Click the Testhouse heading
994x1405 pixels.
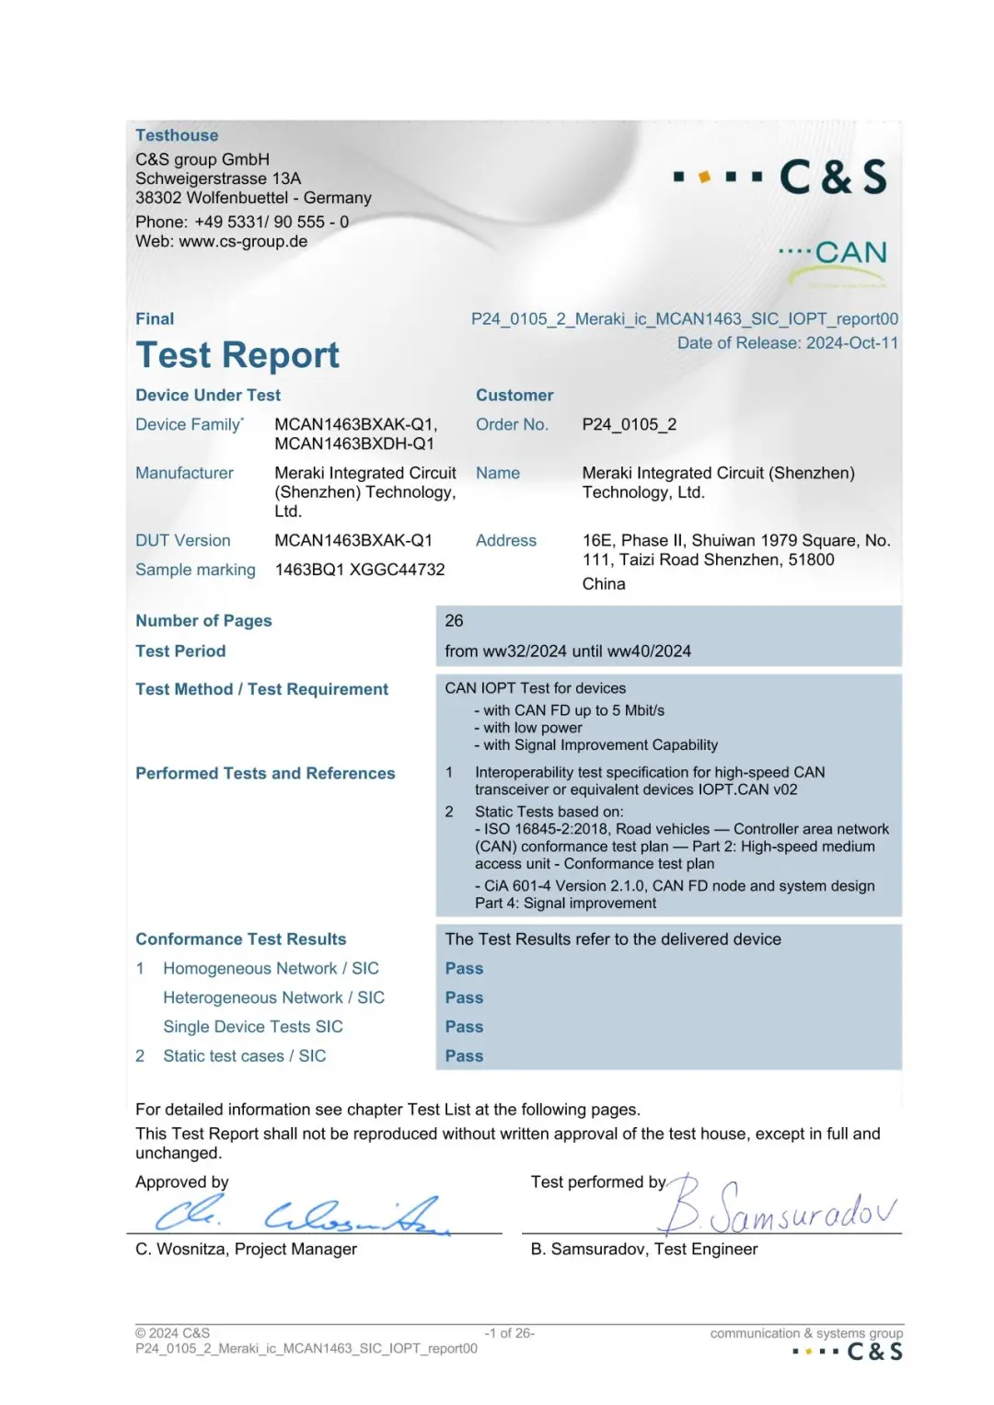coord(177,135)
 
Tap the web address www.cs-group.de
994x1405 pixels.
coord(243,241)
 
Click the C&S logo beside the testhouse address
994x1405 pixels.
coord(781,177)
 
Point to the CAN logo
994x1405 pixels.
coord(834,254)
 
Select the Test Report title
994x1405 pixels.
coord(237,355)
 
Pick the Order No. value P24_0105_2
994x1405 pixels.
coord(629,424)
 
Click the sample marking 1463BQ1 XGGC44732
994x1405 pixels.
coord(359,570)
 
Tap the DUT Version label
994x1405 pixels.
coord(182,540)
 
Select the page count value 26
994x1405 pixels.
coord(454,621)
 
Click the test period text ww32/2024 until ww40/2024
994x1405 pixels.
coord(568,651)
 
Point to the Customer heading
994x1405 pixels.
coord(514,396)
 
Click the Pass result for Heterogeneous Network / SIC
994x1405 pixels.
coord(464,997)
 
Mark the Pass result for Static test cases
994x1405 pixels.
coord(464,1056)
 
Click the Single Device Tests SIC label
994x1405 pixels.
coord(252,1027)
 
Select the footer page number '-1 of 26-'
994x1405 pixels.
coord(509,1333)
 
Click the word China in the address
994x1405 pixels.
coord(603,584)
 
